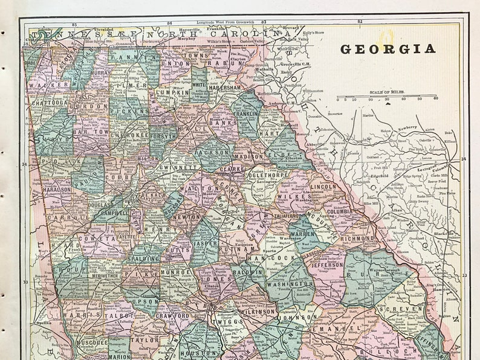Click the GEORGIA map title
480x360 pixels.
point(388,49)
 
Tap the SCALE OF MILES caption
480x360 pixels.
point(387,92)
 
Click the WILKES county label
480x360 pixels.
point(290,196)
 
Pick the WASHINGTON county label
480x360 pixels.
point(289,283)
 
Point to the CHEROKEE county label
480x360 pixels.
point(128,136)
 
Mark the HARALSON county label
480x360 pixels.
point(57,189)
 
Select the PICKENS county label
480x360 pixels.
point(128,112)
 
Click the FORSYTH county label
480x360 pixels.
point(163,137)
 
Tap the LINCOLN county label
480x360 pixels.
point(323,187)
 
